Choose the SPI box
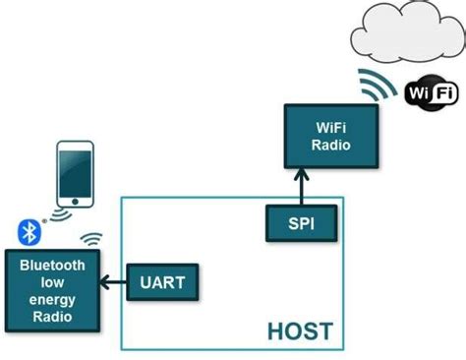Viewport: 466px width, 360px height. pos(302,223)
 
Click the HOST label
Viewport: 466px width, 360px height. pos(300,330)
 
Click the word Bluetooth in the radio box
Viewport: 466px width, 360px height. pos(51,266)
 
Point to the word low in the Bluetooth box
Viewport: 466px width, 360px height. pos(51,281)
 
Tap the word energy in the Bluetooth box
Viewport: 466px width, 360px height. pos(51,297)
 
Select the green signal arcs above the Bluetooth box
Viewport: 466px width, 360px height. pos(91,241)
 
